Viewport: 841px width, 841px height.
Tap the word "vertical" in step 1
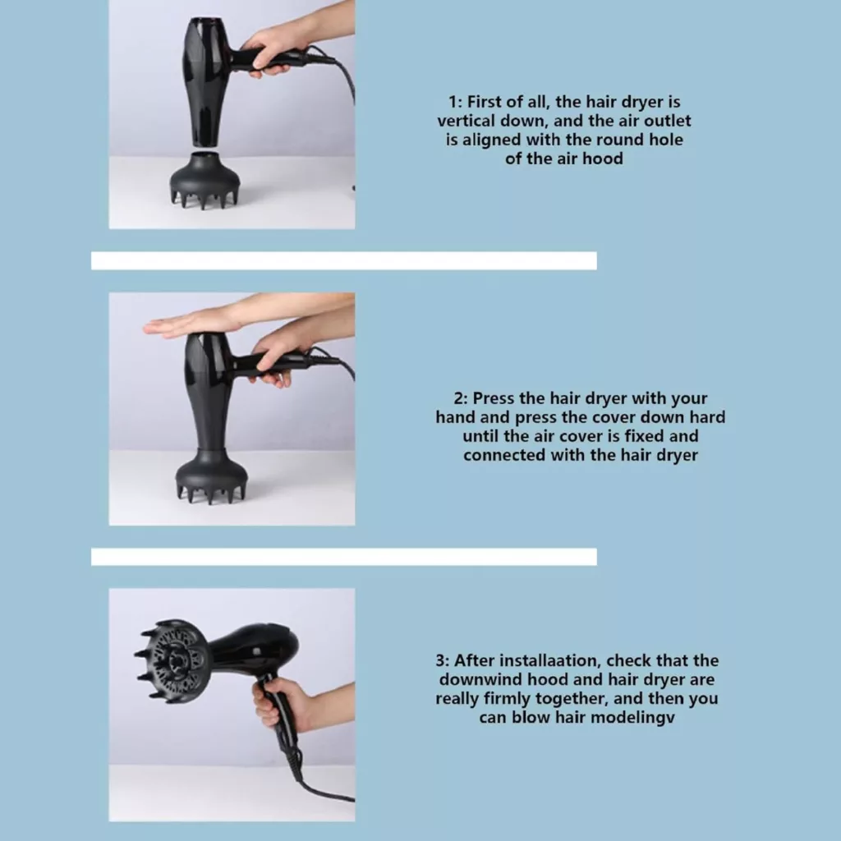(466, 121)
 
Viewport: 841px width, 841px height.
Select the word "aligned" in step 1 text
(493, 140)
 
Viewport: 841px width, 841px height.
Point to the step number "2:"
(462, 398)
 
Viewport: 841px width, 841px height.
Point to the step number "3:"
(443, 661)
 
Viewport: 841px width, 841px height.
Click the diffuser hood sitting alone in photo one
(205, 179)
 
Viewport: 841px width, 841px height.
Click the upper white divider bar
(344, 260)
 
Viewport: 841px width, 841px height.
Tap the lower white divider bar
(344, 557)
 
